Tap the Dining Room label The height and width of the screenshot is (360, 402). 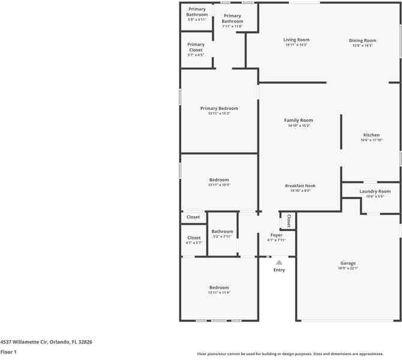[x=362, y=41]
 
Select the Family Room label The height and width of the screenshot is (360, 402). [x=298, y=121]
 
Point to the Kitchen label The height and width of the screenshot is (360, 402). [x=371, y=135]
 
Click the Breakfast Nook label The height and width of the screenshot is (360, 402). [x=300, y=186]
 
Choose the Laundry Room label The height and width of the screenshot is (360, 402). [x=375, y=191]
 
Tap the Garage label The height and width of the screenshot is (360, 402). [x=348, y=263]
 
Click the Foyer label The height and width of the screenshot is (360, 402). [x=276, y=235]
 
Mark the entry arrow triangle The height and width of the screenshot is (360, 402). [x=279, y=262]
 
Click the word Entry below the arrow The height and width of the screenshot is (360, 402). [x=280, y=270]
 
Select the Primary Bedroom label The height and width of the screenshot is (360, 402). [x=219, y=109]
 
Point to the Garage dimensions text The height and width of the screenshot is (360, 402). [x=348, y=269]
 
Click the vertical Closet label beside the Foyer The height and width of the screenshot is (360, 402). [x=289, y=220]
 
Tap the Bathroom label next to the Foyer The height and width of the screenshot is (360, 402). [x=222, y=232]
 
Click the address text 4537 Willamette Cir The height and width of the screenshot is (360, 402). [x=46, y=342]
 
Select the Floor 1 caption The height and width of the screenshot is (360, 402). [x=8, y=352]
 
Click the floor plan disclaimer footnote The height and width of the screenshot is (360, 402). [x=299, y=354]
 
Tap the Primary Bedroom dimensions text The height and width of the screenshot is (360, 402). [x=219, y=113]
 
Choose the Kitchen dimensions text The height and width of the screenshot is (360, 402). [x=371, y=140]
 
